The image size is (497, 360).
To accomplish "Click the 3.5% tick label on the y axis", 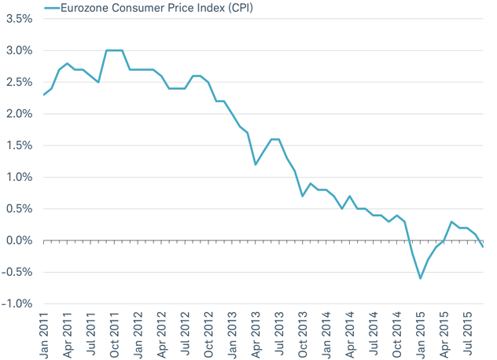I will click(x=18, y=19).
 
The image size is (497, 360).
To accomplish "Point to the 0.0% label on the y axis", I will click(x=18, y=241).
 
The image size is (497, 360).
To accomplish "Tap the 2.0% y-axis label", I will click(x=18, y=114).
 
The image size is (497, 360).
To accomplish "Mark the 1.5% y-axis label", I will click(x=18, y=145).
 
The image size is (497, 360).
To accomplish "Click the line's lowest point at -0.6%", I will click(x=421, y=278).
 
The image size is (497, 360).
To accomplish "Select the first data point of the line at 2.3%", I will click(x=44, y=95).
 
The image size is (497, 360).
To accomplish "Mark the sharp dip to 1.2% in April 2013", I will click(x=256, y=164).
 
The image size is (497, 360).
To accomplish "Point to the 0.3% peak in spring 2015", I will click(x=451, y=222).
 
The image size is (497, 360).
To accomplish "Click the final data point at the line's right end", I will click(x=483, y=247).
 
